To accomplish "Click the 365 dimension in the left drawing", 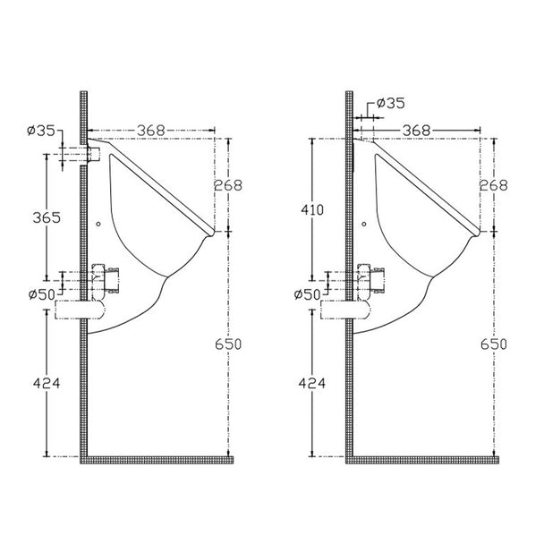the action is [47, 217].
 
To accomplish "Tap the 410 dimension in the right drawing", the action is [312, 209].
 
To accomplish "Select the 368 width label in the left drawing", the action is [151, 131].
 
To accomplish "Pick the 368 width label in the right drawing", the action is [416, 131].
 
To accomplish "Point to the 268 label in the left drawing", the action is [228, 185].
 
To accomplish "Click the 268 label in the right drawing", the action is [493, 185].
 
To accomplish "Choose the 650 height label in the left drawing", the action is [228, 344].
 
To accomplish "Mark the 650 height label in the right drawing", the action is [494, 344].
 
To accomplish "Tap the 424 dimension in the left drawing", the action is [47, 383].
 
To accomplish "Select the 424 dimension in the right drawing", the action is [312, 383].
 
